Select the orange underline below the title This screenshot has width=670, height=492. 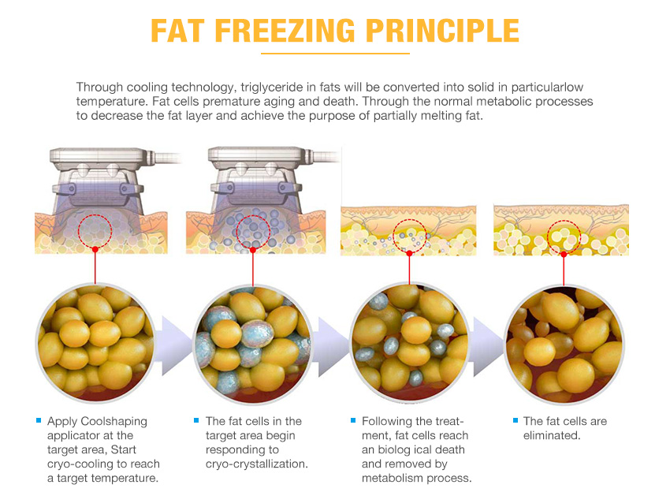tap(335, 54)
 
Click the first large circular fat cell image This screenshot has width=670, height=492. tap(95, 341)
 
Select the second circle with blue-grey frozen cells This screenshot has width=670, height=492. tap(251, 341)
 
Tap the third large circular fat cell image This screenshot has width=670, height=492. tap(408, 341)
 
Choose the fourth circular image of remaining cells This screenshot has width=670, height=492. tap(563, 341)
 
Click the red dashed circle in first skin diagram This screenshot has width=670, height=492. tap(95, 229)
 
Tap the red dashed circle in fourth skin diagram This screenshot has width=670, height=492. tap(564, 236)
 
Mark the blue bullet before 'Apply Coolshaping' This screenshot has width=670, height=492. tap(39, 420)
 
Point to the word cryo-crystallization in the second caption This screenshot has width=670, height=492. tap(256, 464)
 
